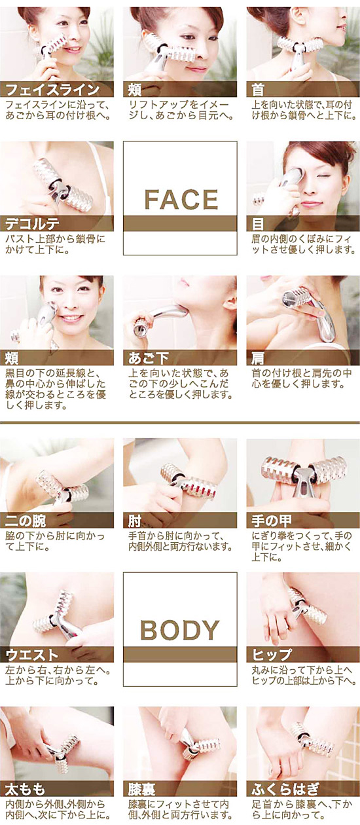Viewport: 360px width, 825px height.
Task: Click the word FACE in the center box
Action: pos(180,199)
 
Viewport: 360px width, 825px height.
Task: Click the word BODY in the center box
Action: pos(180,631)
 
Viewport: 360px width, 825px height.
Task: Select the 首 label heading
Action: pos(257,90)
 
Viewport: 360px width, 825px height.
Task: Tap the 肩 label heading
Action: pos(257,358)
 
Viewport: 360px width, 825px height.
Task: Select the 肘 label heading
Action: pos(134,521)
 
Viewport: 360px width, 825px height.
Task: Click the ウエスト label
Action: pos(32,655)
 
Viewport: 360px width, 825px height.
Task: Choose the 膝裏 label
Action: pos(141,788)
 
